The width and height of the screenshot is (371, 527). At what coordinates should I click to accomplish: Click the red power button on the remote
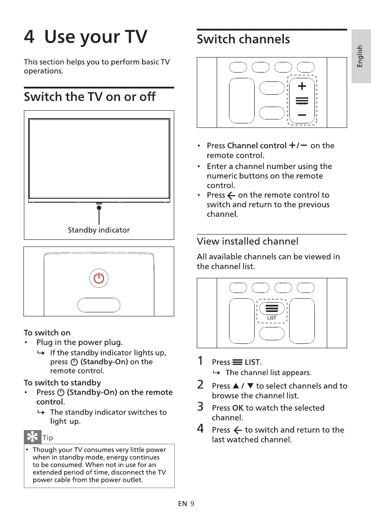[x=99, y=278]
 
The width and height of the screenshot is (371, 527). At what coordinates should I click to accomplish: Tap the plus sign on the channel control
[x=302, y=85]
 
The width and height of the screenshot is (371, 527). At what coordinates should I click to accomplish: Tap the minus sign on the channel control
[x=302, y=115]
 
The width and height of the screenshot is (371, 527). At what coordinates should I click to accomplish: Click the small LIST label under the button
[x=272, y=318]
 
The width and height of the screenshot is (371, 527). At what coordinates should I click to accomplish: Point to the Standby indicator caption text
[x=99, y=230]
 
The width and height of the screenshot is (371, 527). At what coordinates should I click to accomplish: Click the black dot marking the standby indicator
[x=99, y=208]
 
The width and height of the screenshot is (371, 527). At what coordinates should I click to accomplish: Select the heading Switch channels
[x=243, y=39]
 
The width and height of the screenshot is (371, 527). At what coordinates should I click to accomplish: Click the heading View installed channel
[x=247, y=241]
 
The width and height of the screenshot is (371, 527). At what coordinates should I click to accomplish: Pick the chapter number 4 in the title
[x=29, y=37]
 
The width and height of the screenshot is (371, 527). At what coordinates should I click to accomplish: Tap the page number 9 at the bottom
[x=192, y=504]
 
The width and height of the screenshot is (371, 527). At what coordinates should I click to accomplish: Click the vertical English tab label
[x=360, y=57]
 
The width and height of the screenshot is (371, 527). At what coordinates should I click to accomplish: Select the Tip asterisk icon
[x=32, y=437]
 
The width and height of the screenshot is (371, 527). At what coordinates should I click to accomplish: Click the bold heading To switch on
[x=47, y=332]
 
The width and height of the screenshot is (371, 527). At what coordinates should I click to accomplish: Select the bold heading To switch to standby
[x=62, y=382]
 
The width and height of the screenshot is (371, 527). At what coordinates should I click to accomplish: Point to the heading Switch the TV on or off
[x=90, y=96]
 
